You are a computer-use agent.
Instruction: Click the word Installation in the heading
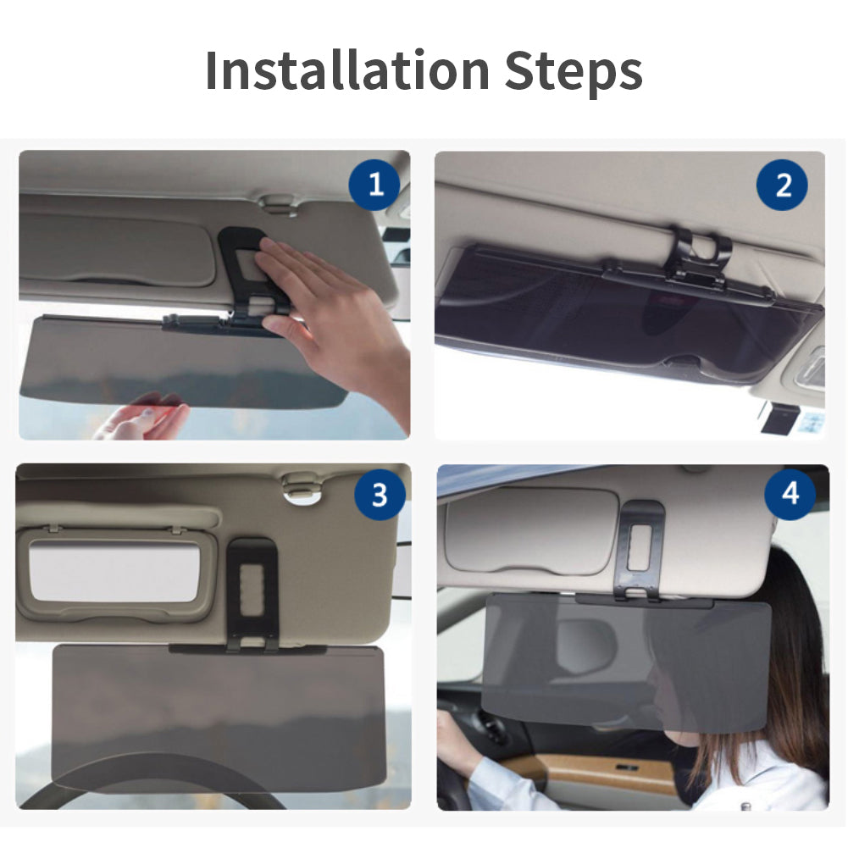pos(347,70)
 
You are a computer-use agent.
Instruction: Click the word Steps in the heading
pos(574,73)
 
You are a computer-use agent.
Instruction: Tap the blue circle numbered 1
pos(374,185)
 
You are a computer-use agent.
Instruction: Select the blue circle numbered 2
pos(782,185)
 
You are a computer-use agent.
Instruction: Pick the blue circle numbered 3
pos(380,494)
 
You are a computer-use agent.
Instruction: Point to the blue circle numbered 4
pos(790,493)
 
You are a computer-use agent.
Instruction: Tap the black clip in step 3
pos(252,594)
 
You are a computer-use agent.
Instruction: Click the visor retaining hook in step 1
pos(278,204)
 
